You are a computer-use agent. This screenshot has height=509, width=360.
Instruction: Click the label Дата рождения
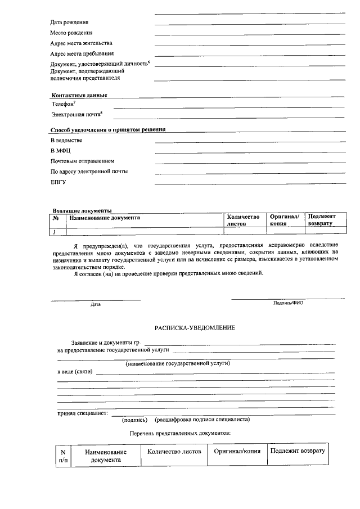pyautogui.click(x=69, y=22)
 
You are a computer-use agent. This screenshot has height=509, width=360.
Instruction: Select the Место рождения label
pyautogui.click(x=71, y=33)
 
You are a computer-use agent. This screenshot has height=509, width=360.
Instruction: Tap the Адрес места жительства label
pyautogui.click(x=82, y=43)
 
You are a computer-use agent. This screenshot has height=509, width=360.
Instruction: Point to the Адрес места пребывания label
pyautogui.click(x=82, y=54)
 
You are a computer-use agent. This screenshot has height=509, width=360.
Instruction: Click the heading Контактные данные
pyautogui.click(x=79, y=95)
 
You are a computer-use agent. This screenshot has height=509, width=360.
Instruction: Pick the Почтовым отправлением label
pyautogui.click(x=83, y=161)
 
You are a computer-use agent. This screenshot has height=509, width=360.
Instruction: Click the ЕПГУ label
pyautogui.click(x=58, y=182)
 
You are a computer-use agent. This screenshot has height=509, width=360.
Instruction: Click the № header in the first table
pyautogui.click(x=56, y=217)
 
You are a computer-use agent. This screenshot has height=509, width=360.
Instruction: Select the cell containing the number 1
pyautogui.click(x=55, y=231)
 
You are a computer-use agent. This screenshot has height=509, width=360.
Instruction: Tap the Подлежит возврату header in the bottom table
pyautogui.click(x=297, y=452)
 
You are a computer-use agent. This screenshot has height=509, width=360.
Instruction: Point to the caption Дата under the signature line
pyautogui.click(x=96, y=304)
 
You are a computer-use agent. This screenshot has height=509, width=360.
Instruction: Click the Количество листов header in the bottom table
pyautogui.click(x=174, y=452)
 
